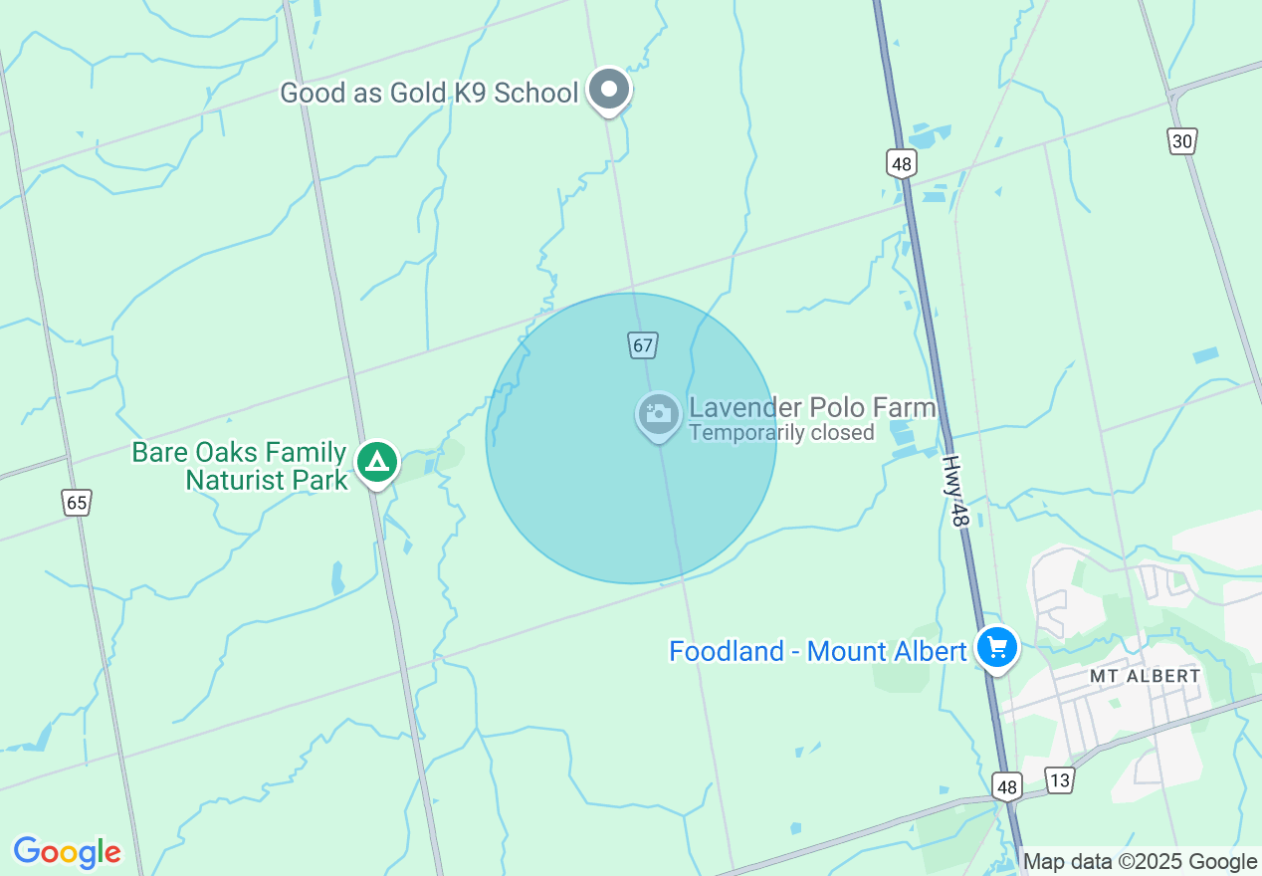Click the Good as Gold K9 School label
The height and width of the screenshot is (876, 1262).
pyautogui.click(x=428, y=94)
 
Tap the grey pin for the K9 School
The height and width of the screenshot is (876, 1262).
pyautogui.click(x=609, y=91)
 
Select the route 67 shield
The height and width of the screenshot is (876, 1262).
pyautogui.click(x=643, y=346)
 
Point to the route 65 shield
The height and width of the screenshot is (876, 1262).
pyautogui.click(x=77, y=503)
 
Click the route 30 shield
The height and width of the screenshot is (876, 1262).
pyautogui.click(x=1182, y=141)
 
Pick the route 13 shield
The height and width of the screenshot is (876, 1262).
pyautogui.click(x=1059, y=780)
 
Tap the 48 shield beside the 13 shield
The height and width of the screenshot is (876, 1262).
pyautogui.click(x=1007, y=787)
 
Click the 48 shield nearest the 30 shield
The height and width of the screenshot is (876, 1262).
pyautogui.click(x=902, y=163)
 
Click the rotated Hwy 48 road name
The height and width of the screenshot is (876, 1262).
pyautogui.click(x=955, y=492)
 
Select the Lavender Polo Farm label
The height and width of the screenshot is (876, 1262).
pyautogui.click(x=812, y=408)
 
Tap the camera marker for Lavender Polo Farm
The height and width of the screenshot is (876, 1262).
pyautogui.click(x=658, y=413)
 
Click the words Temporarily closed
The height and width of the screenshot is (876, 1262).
pyautogui.click(x=781, y=433)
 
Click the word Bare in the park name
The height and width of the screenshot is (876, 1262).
pyautogui.click(x=156, y=453)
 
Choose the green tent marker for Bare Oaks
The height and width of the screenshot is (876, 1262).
pyautogui.click(x=376, y=462)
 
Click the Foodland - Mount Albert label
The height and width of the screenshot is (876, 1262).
pyautogui.click(x=817, y=651)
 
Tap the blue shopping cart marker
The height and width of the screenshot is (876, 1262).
pyautogui.click(x=996, y=648)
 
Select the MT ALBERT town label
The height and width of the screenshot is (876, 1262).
pyautogui.click(x=1145, y=676)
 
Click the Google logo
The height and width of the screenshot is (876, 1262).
pyautogui.click(x=67, y=853)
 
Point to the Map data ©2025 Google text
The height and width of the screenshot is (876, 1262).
pyautogui.click(x=1140, y=862)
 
